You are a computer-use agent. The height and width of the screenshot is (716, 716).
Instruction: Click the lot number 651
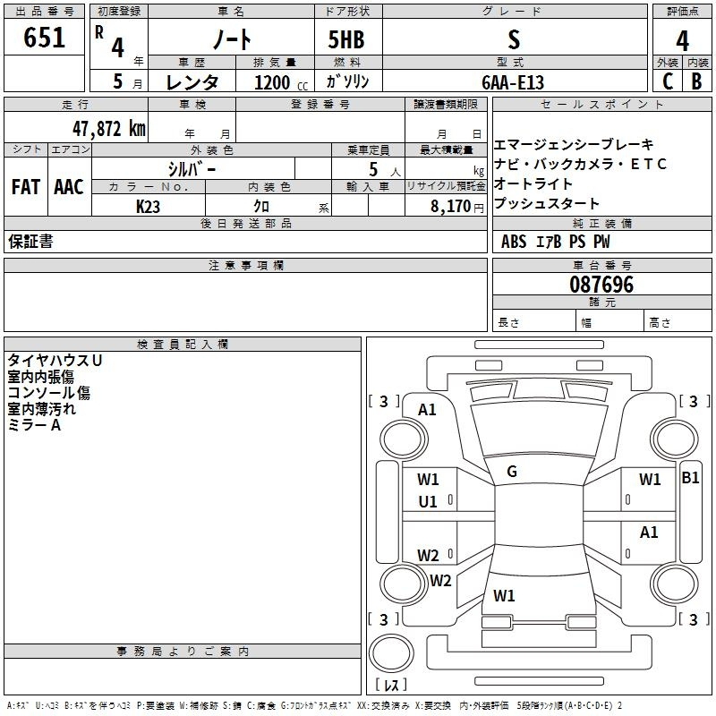pos(45,38)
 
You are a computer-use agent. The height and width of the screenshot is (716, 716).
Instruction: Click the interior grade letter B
pos(696,81)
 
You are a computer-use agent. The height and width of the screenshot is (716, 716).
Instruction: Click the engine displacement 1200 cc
pos(277,82)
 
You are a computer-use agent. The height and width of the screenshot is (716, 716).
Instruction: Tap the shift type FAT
pos(25,187)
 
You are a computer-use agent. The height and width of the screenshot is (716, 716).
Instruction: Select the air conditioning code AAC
pos(68,187)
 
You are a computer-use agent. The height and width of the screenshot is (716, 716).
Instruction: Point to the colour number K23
pos(148,206)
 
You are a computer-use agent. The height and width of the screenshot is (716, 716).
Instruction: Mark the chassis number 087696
pos(601,285)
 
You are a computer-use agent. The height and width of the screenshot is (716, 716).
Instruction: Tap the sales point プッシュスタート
pos(547,204)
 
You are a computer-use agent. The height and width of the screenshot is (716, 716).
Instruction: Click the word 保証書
pos(30,242)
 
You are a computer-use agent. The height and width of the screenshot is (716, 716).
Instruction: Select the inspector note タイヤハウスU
pos(55,360)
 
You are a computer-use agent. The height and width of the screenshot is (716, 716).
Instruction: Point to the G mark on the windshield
pos(512,472)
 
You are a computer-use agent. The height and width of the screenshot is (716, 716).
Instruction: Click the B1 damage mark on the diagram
pos(690,478)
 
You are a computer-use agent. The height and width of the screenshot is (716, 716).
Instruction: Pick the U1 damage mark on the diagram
pos(428,502)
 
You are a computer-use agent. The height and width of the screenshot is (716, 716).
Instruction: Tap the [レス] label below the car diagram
pos(390,686)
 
